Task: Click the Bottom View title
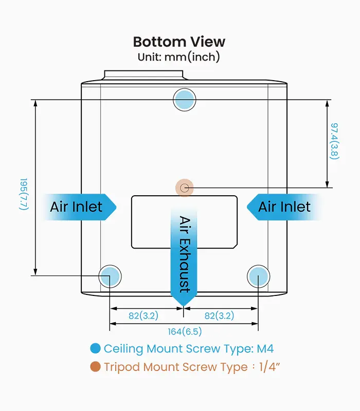pos(179,42)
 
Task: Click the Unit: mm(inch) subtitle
pos(179,57)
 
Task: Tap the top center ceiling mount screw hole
pos(185,100)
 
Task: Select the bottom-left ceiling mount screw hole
pos(110,276)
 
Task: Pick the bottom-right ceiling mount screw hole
pos(259,276)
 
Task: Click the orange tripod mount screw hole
pos(185,188)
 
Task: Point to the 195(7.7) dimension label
pos(24,194)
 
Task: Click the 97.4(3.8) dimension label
pos(334,141)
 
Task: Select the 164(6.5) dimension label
pos(185,331)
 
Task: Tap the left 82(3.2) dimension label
pos(143,315)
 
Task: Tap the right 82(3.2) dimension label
pos(220,315)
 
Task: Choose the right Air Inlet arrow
pos(283,207)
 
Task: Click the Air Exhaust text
pos(185,254)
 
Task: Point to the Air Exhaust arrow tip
pos(184,306)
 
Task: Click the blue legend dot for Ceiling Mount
pos(95,348)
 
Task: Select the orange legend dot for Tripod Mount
pos(95,367)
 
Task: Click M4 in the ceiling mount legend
pos(265,349)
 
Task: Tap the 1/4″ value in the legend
pos(269,367)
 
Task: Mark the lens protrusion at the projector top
pos(143,75)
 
